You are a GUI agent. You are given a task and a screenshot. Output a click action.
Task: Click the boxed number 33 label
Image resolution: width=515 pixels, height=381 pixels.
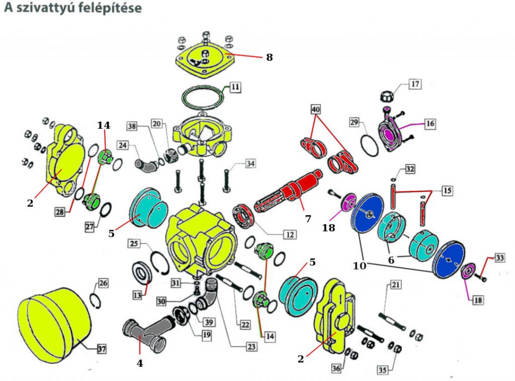click(x=499, y=258)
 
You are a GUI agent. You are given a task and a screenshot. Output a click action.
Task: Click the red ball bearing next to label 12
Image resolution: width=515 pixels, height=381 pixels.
click(x=245, y=216)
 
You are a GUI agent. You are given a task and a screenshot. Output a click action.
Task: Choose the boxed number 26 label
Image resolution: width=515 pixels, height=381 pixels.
click(x=103, y=283)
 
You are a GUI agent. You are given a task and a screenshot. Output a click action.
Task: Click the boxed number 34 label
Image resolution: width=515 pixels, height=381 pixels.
click(x=250, y=163)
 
